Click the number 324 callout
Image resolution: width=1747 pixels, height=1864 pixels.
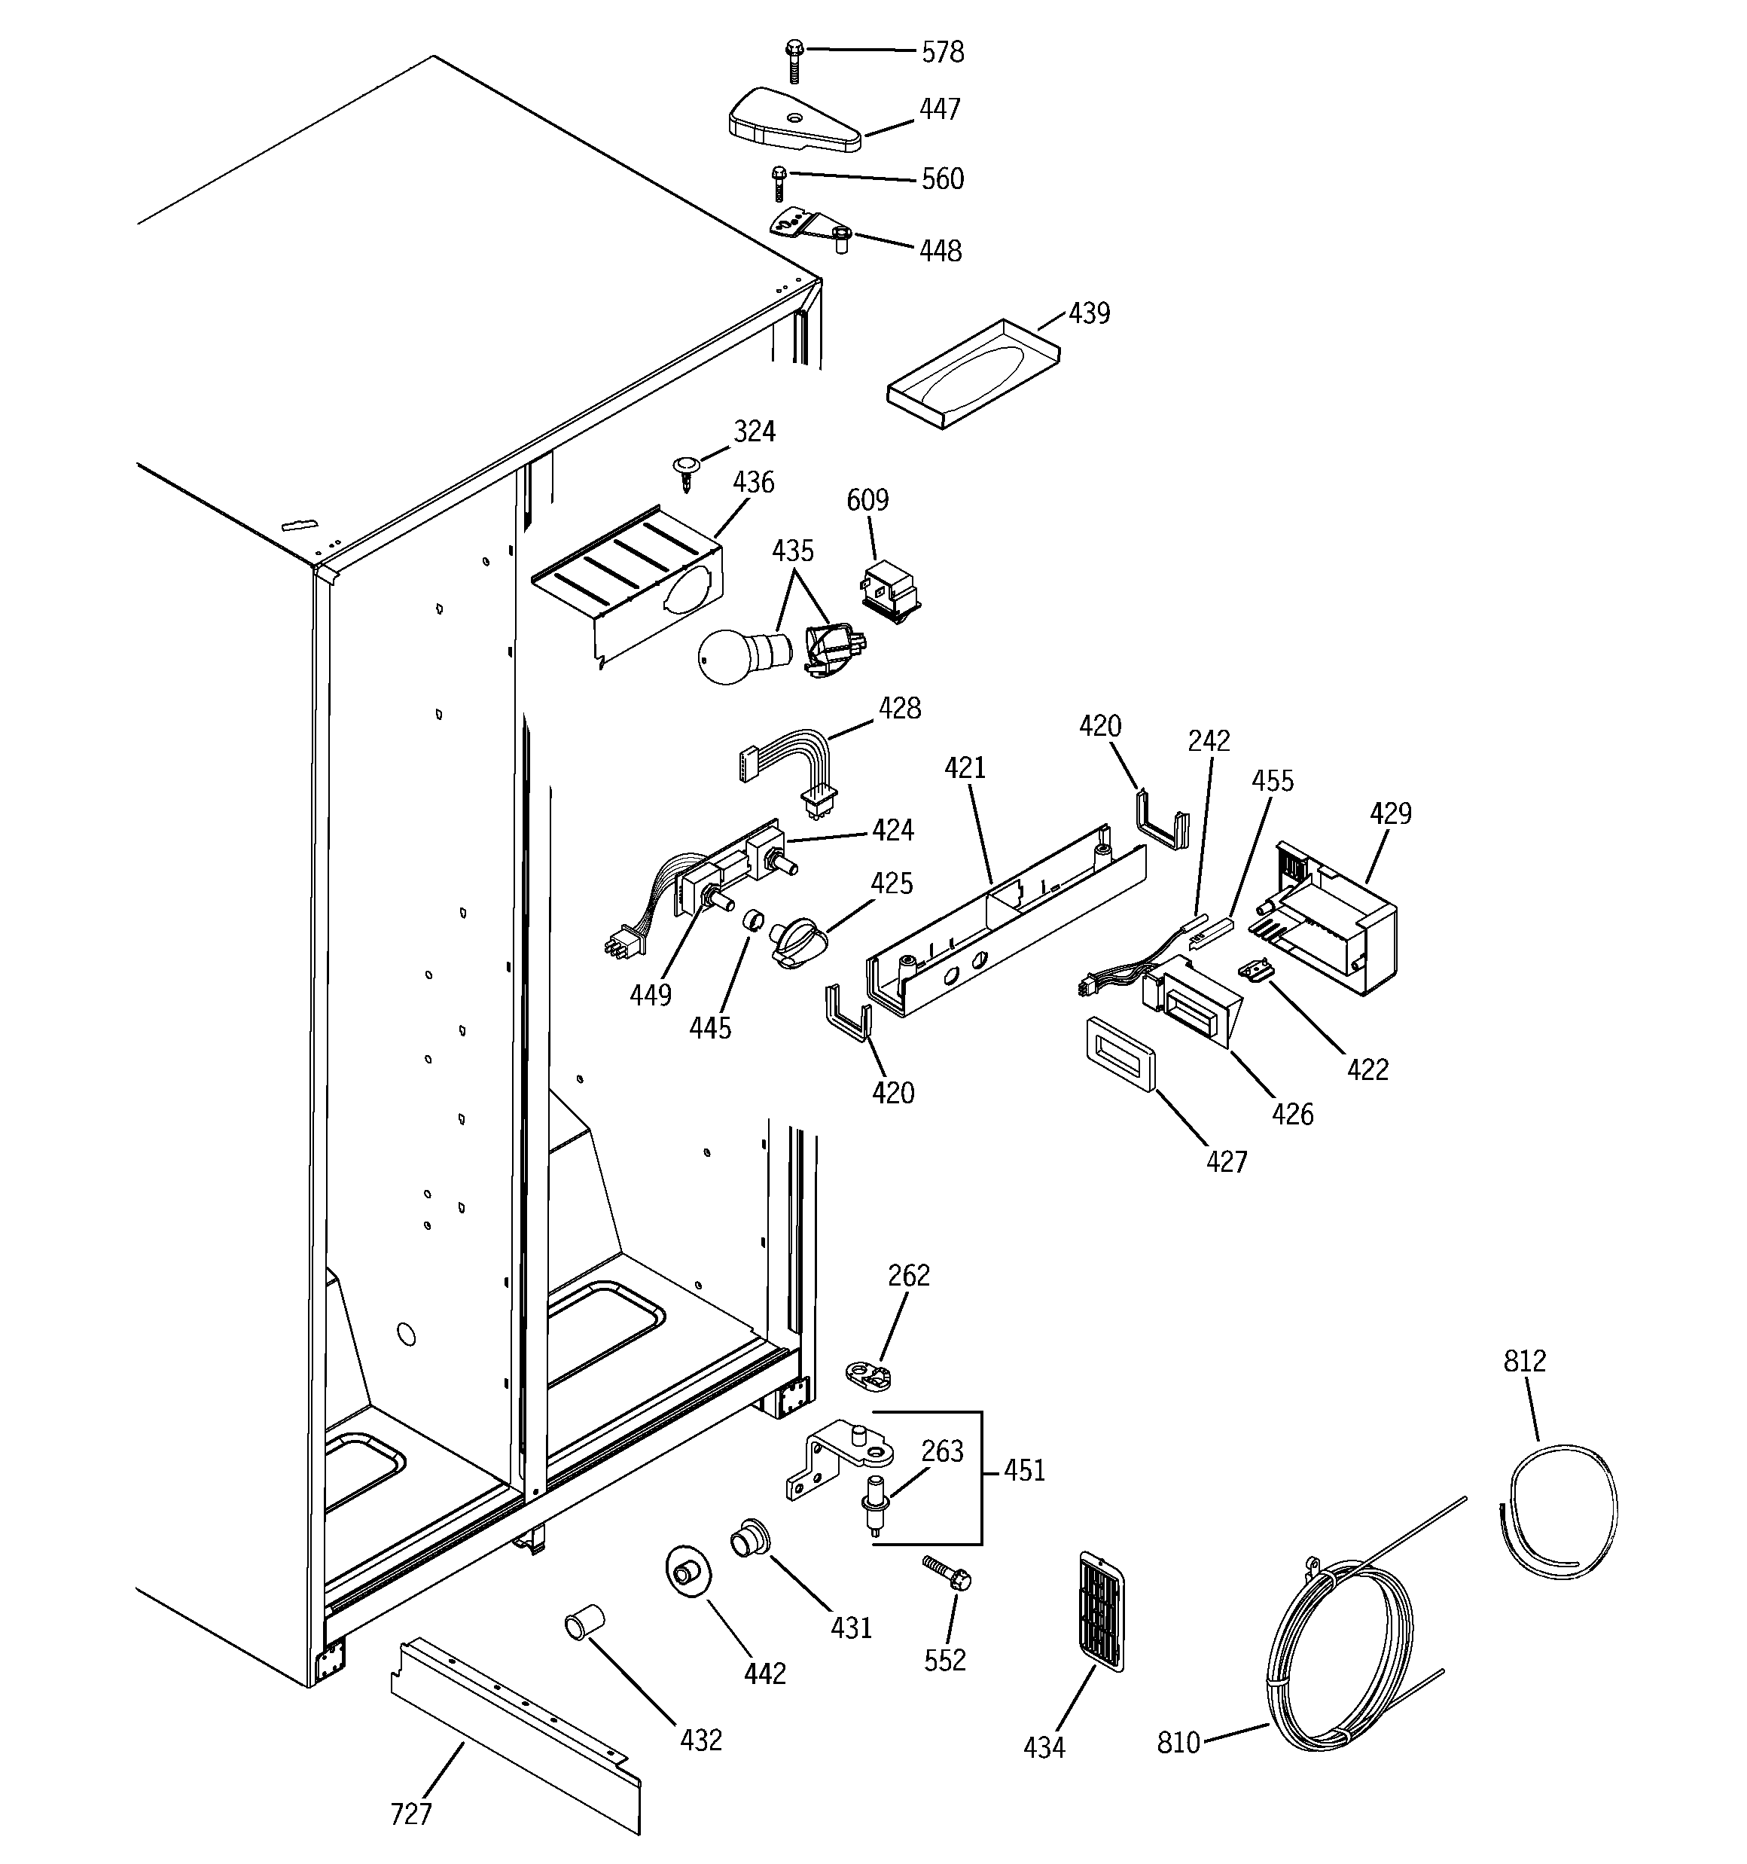coord(754,432)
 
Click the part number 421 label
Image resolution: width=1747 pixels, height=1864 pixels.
coord(965,768)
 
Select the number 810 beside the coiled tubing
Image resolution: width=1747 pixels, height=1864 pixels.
coord(1178,1742)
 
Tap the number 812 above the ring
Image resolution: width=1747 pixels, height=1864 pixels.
coord(1524,1360)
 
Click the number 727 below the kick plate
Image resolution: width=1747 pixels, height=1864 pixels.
coord(410,1814)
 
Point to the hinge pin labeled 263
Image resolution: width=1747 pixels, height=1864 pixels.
coord(875,1512)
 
